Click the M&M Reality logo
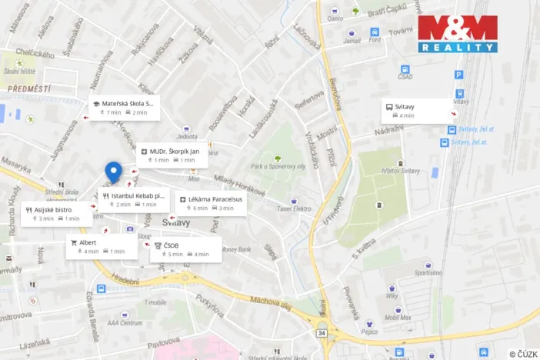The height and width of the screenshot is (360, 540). pyautogui.click(x=457, y=34)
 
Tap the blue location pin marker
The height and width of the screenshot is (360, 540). pyautogui.click(x=114, y=172)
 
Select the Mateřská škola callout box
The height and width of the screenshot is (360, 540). pyautogui.click(x=123, y=108)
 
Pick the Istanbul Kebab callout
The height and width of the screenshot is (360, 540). pyautogui.click(x=133, y=200)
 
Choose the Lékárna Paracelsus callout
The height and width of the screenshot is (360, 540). pyautogui.click(x=210, y=203)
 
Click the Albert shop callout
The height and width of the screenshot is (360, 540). pyautogui.click(x=101, y=246)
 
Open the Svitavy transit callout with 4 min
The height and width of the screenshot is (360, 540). pyautogui.click(x=418, y=111)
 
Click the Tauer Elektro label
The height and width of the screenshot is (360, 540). pyautogui.click(x=295, y=208)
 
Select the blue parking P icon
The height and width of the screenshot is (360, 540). pyautogui.click(x=459, y=75)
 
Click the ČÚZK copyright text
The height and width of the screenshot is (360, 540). pyautogui.click(x=523, y=353)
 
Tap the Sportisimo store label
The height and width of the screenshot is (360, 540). pyautogui.click(x=428, y=272)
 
